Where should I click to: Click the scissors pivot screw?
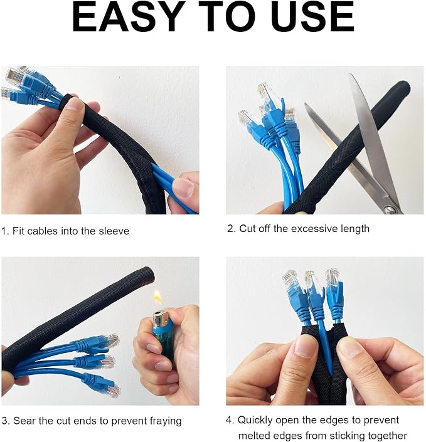[x=391, y=209]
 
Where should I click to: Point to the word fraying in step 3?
[x=166, y=421]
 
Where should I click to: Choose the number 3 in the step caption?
[x=4, y=421]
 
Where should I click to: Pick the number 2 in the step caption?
[x=230, y=229]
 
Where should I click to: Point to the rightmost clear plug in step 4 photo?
[x=333, y=276]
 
